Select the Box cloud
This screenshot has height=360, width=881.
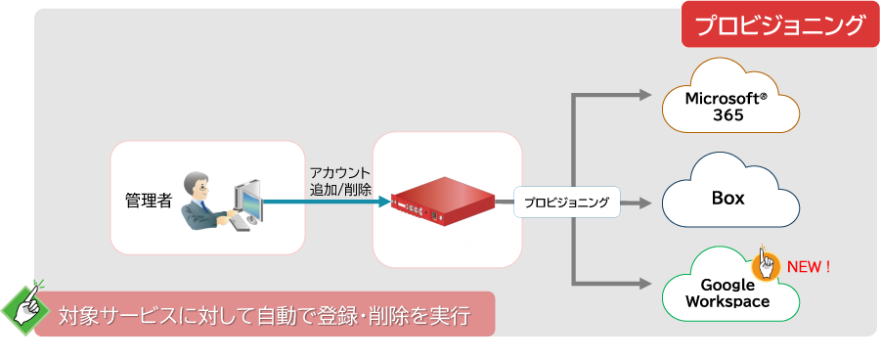click(727, 196)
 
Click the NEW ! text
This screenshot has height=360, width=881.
click(809, 266)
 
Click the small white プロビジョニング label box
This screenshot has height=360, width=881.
click(566, 203)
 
